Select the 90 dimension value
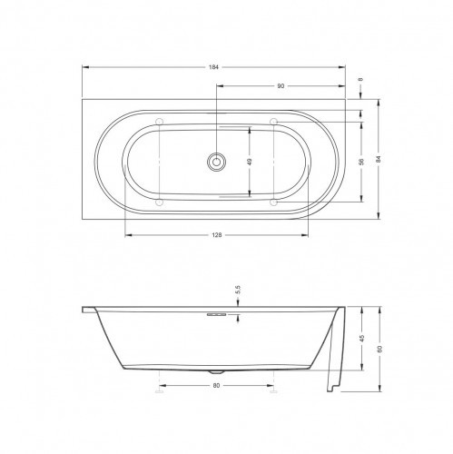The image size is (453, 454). click(281, 86)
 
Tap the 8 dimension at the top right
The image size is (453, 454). click(362, 81)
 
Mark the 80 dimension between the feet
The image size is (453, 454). click(216, 385)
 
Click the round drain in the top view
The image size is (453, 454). click(216, 162)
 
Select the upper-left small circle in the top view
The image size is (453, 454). click(160, 121)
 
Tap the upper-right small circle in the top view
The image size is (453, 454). click(273, 121)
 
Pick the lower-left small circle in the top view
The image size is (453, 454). click(160, 203)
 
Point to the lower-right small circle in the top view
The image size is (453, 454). click(273, 203)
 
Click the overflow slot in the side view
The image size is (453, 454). click(216, 316)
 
